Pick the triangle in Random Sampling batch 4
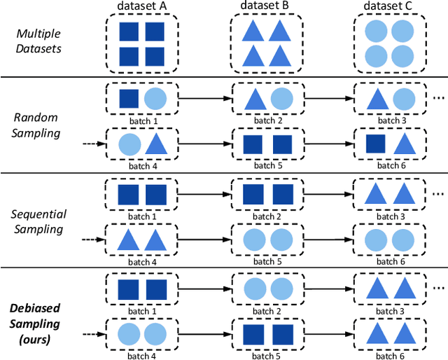point(155,144)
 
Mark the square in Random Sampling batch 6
point(376,144)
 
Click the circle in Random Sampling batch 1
point(155,98)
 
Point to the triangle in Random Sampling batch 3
point(376,98)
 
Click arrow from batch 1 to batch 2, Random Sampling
point(204,98)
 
